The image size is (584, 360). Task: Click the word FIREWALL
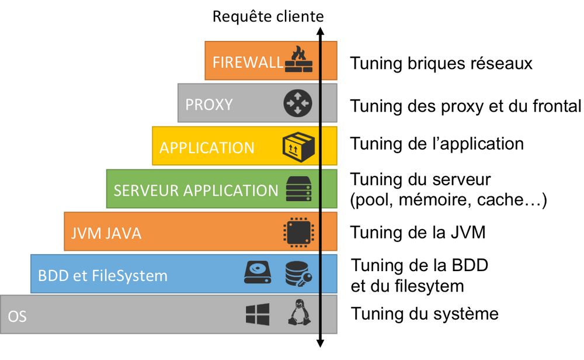[x=248, y=62]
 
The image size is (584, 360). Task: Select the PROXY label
[x=209, y=105]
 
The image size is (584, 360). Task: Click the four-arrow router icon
[x=298, y=103]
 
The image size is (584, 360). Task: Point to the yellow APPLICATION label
[x=207, y=148]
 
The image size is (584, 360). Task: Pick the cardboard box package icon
[x=298, y=146]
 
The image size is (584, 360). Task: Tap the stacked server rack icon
[x=299, y=189]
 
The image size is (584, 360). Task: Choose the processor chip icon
[x=299, y=233]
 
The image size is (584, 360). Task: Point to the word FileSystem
[x=130, y=275]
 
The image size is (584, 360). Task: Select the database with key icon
[x=298, y=274]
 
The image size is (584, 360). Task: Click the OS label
[x=17, y=317]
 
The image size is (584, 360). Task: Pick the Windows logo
[x=258, y=314]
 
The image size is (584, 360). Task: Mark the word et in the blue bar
[x=81, y=275]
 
